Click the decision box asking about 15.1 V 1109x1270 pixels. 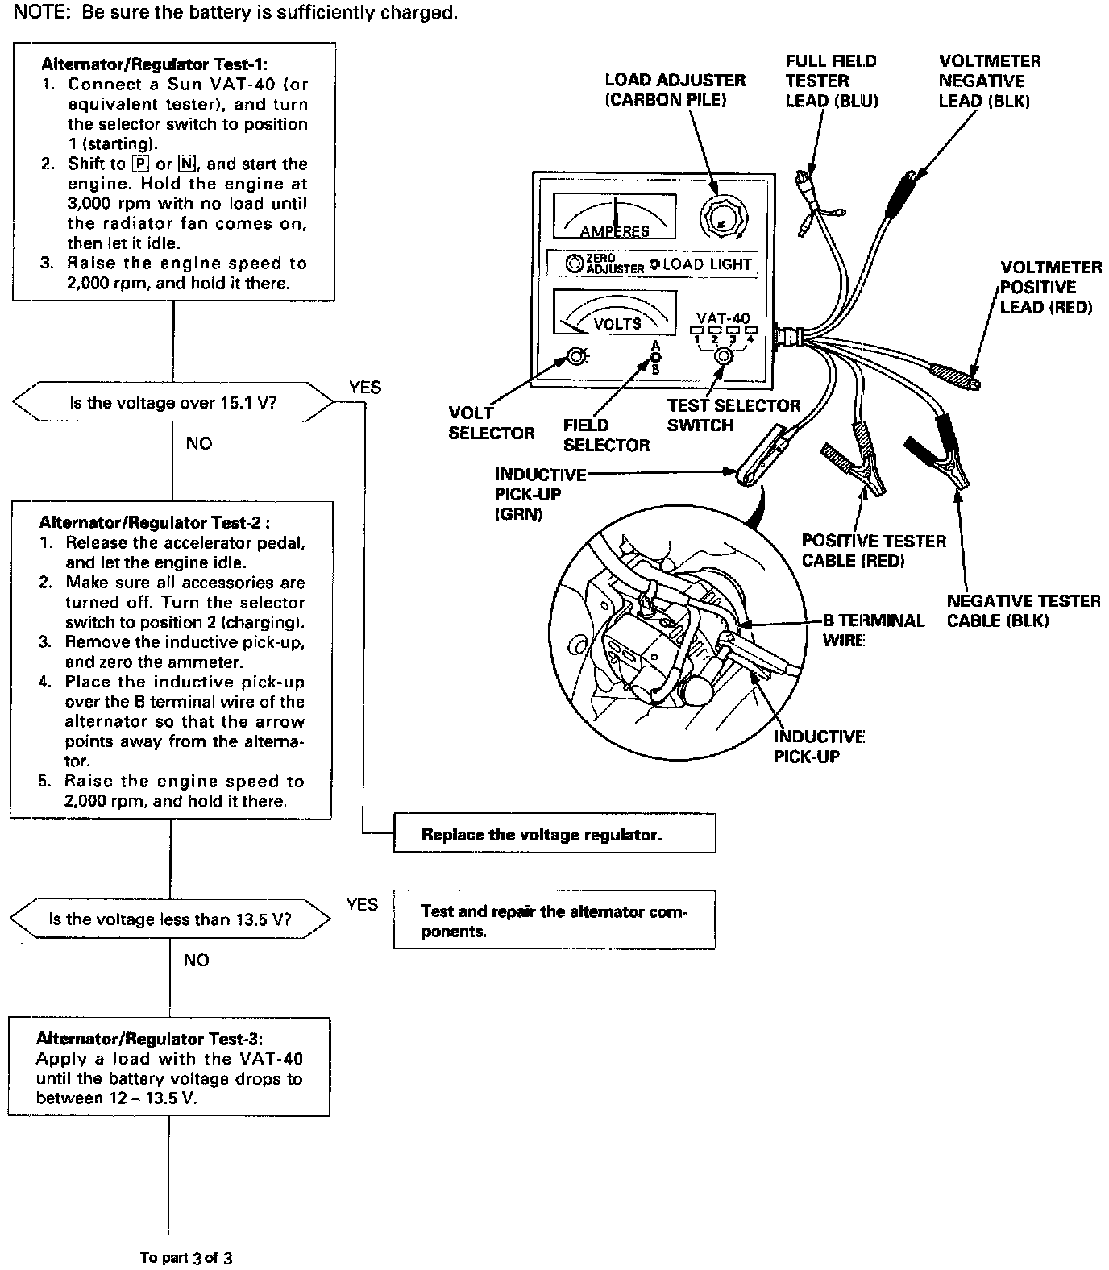(172, 402)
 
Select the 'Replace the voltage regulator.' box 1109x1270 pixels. (554, 834)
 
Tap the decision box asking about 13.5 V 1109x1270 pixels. (170, 919)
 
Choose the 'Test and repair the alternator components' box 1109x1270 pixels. (554, 921)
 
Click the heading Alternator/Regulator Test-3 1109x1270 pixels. (149, 1039)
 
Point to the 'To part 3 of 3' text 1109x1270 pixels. (186, 1257)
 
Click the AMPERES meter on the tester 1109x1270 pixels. (614, 215)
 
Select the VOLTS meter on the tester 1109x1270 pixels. (614, 312)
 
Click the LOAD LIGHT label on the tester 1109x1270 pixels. (706, 264)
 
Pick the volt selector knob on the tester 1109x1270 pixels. (576, 356)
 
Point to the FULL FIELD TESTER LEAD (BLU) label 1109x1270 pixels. (831, 81)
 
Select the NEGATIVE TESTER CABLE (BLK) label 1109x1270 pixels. (1023, 610)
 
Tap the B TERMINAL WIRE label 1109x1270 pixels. (872, 630)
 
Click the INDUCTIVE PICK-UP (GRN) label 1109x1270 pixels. (540, 494)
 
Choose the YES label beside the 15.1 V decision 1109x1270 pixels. (365, 388)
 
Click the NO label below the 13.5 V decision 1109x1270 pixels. (196, 960)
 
